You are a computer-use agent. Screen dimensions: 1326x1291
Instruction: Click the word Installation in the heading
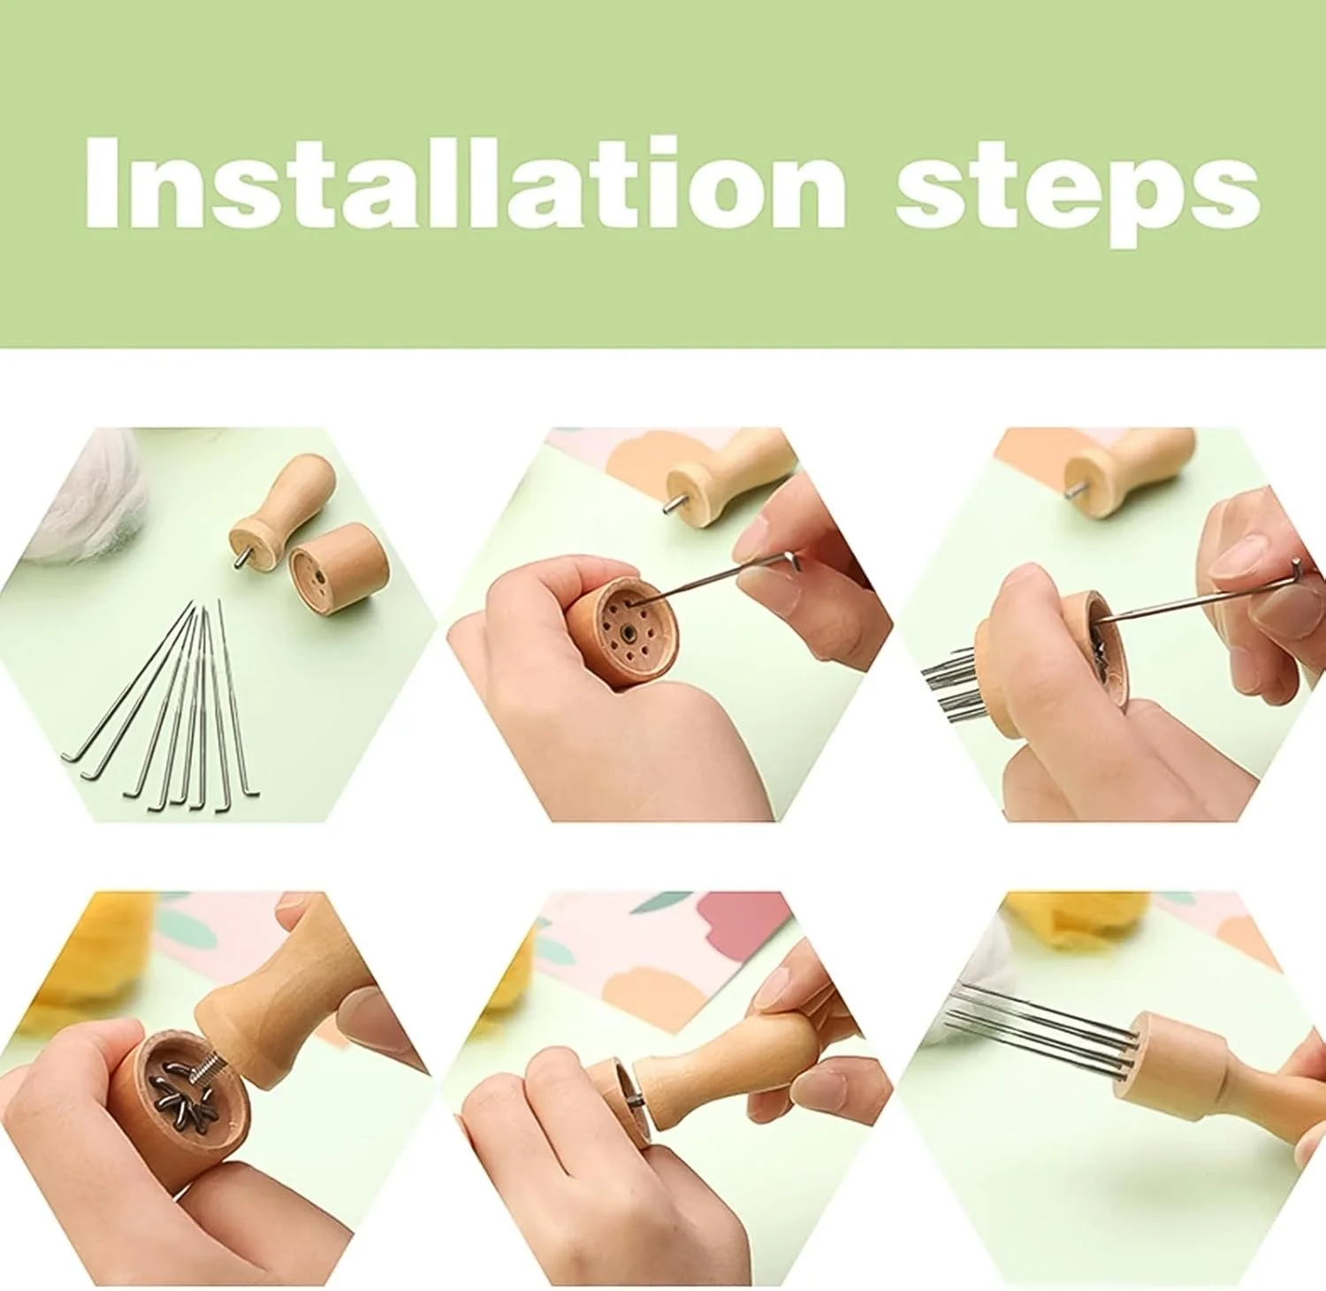pos(466,184)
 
